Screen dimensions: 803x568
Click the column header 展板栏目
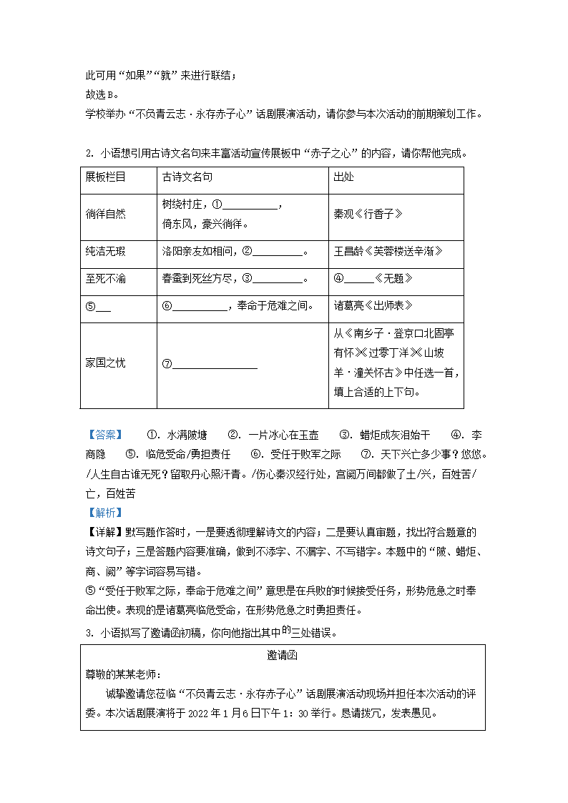pyautogui.click(x=105, y=177)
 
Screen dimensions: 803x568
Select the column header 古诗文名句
pyautogui.click(x=187, y=177)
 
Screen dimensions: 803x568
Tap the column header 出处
pyautogui.click(x=343, y=177)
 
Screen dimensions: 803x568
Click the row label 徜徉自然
pyautogui.click(x=105, y=214)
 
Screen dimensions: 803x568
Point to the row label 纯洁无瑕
pyautogui.click(x=105, y=251)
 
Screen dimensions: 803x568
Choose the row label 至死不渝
pyautogui.click(x=105, y=278)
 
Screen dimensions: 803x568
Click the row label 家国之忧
pyautogui.click(x=105, y=363)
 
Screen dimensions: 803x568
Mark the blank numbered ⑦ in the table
pyautogui.click(x=214, y=364)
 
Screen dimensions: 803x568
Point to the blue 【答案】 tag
pyautogui.click(x=104, y=435)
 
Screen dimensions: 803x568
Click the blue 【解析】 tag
pyautogui.click(x=104, y=513)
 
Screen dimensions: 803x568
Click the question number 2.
pyautogui.click(x=88, y=153)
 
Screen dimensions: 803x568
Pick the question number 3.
pyautogui.click(x=88, y=633)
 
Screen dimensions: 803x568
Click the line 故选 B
pyautogui.click(x=101, y=95)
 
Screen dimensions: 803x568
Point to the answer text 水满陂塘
pyautogui.click(x=187, y=435)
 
